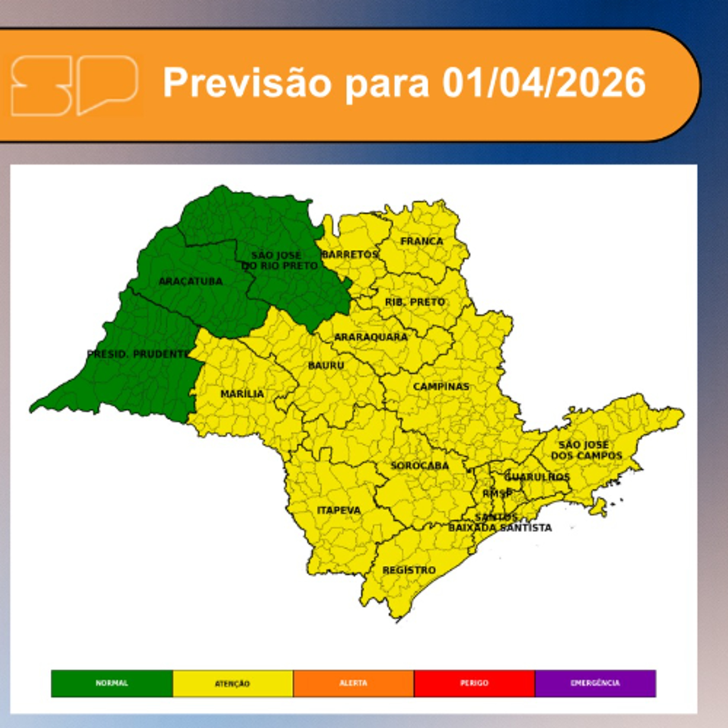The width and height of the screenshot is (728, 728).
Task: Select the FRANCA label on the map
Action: click(422, 241)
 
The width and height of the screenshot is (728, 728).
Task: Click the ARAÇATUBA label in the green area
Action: click(191, 281)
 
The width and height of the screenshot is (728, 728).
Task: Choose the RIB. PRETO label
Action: click(415, 302)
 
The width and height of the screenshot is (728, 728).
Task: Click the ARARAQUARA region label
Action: click(371, 337)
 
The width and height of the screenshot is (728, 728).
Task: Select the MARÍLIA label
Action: click(242, 394)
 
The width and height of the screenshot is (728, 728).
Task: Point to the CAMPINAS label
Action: click(441, 387)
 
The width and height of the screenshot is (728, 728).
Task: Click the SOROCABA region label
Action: click(419, 466)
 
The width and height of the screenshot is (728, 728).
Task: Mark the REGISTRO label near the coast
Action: click(409, 570)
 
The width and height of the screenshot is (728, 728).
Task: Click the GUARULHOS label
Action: click(537, 477)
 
